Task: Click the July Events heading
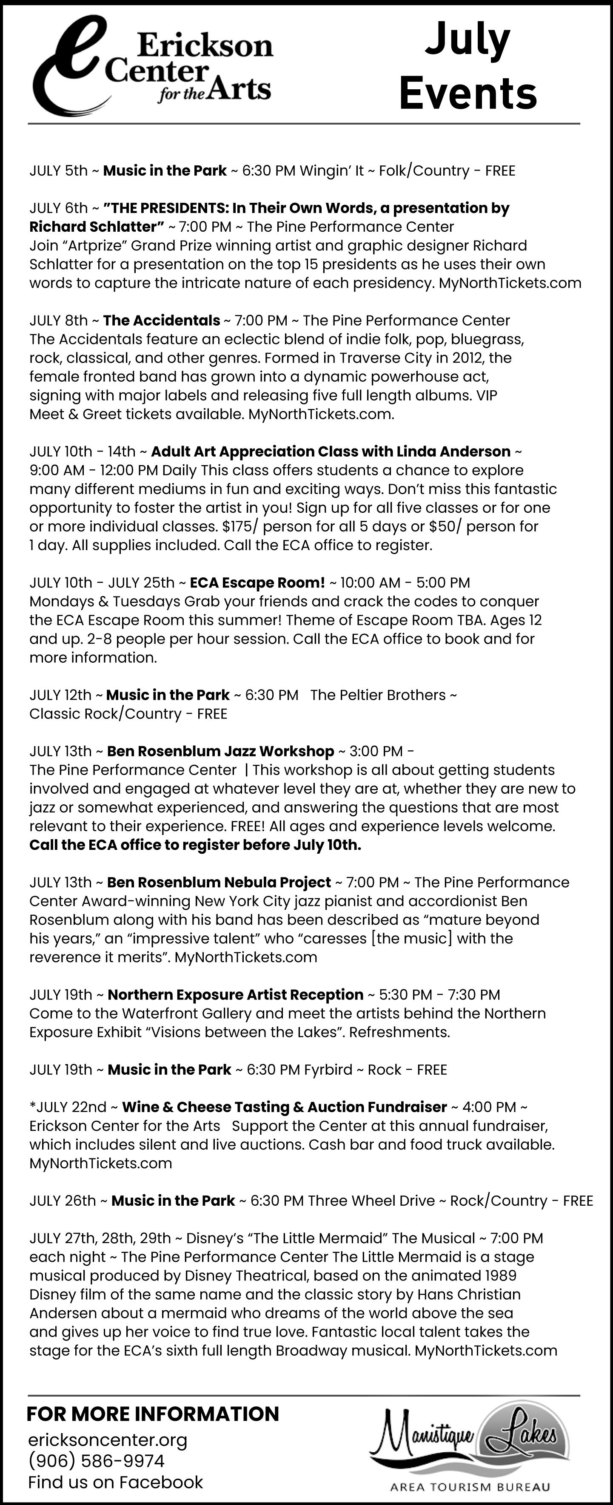coord(468,65)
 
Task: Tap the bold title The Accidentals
coord(161,321)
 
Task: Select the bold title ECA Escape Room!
coord(257,582)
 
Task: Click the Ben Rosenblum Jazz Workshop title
coord(220,751)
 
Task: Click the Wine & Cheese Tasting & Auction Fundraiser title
coord(284,1107)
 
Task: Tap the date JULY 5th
coord(58,170)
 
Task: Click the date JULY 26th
coord(62,1201)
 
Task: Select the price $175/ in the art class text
coord(239,526)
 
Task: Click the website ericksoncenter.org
coord(108,1440)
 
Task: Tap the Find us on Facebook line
coord(115,1482)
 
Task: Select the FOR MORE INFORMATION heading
coord(153,1414)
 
